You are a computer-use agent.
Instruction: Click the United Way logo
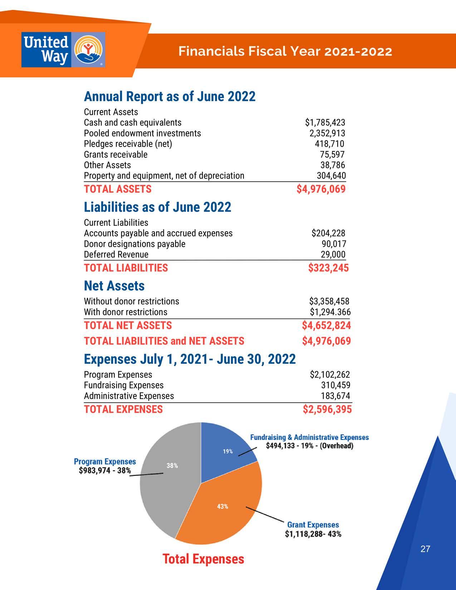coord(63,50)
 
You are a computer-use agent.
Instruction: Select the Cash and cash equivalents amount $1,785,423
coord(325,123)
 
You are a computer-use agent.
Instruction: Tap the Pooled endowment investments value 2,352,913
coord(327,133)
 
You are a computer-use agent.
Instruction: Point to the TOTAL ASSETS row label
coord(118,189)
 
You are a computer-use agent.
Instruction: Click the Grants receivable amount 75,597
coord(332,154)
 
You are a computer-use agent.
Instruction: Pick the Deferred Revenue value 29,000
coord(333,254)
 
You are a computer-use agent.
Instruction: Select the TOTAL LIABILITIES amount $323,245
coord(328,268)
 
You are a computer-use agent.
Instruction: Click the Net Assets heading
coord(114,286)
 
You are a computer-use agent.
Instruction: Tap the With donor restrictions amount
coord(330,312)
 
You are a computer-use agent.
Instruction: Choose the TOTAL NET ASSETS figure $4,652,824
coord(326,325)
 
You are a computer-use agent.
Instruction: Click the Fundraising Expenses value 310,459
coord(335,385)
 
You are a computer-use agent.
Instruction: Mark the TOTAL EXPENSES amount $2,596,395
coord(327,409)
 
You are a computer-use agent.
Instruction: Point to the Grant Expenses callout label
coord(313,525)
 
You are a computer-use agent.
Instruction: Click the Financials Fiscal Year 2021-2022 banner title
coord(285,51)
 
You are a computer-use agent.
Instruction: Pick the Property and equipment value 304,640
coord(331,176)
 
